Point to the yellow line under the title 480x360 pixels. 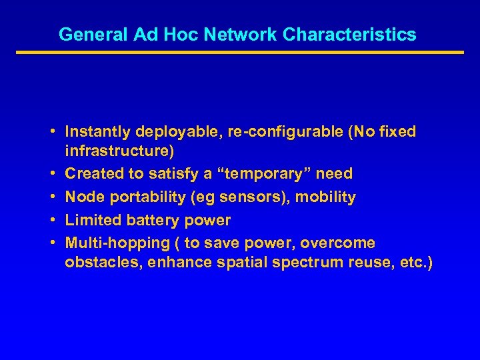[239, 52]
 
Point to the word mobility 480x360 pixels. [326, 197]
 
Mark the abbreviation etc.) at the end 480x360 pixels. [414, 263]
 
